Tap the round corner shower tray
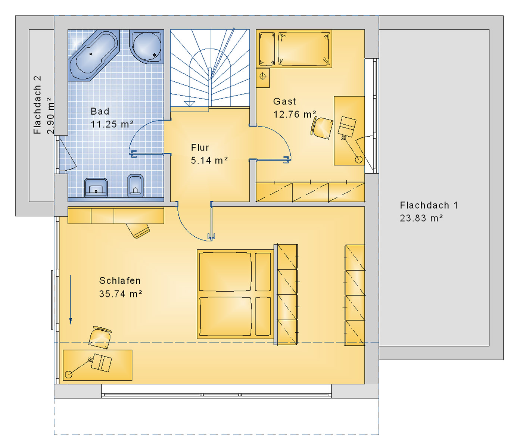tap(147, 46)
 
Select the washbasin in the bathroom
tap(96, 188)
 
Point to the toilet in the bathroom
tap(135, 186)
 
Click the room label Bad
tap(100, 111)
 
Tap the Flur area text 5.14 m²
tap(209, 160)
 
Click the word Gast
tap(284, 101)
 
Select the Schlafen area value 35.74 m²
tap(121, 294)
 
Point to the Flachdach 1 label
tap(429, 205)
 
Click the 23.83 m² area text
tap(421, 218)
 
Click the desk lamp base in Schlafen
tap(69, 374)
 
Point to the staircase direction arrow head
tap(189, 104)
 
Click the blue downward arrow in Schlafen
tap(71, 299)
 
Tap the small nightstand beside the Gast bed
tap(263, 78)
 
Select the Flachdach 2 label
tap(37, 105)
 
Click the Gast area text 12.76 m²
tap(295, 114)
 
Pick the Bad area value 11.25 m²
tap(112, 124)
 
